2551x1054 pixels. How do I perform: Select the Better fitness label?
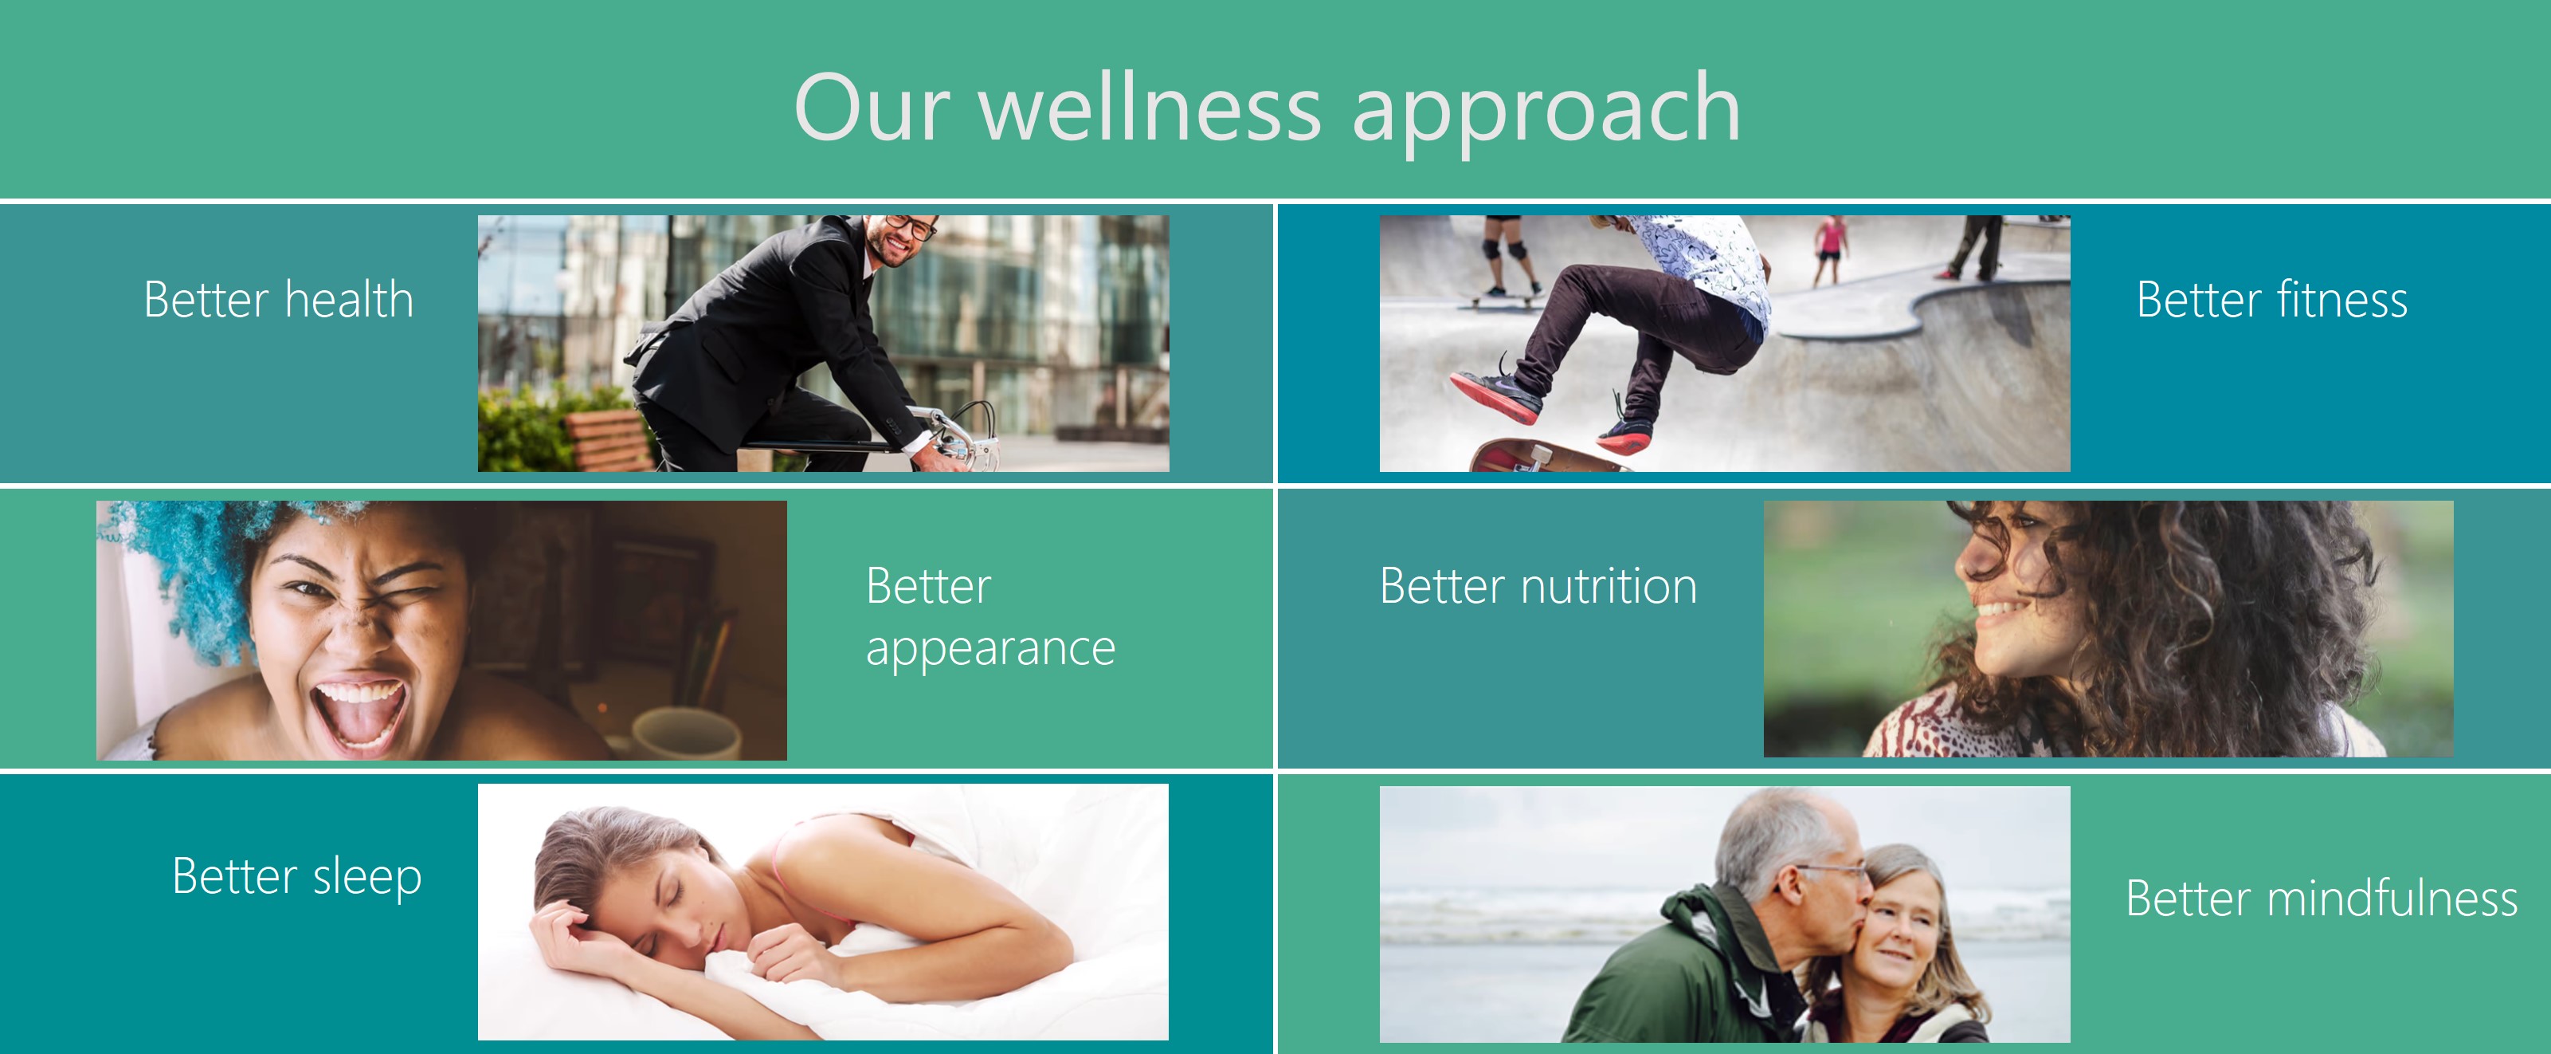click(x=2271, y=299)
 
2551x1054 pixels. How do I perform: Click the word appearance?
click(x=990, y=650)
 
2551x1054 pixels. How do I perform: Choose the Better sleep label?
click(x=297, y=878)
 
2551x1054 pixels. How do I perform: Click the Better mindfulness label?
click(x=2322, y=899)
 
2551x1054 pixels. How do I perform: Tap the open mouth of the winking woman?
click(x=359, y=715)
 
